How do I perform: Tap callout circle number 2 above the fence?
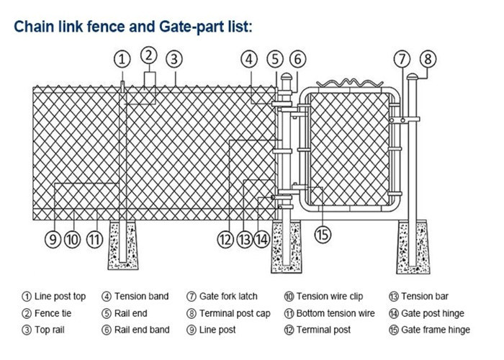coord(148,54)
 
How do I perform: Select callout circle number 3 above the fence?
coord(174,59)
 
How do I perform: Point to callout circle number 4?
coord(249,59)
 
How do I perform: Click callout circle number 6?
coord(298,59)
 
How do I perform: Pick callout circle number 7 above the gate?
coord(402,59)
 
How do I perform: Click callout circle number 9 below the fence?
coord(53,240)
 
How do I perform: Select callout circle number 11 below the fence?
coord(94,240)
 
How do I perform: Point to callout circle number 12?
coord(225,240)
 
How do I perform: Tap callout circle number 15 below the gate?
coord(322,233)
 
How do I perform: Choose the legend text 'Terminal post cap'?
coord(234,313)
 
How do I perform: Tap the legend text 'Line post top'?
coord(59,296)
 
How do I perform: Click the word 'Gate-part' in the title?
coord(210,27)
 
